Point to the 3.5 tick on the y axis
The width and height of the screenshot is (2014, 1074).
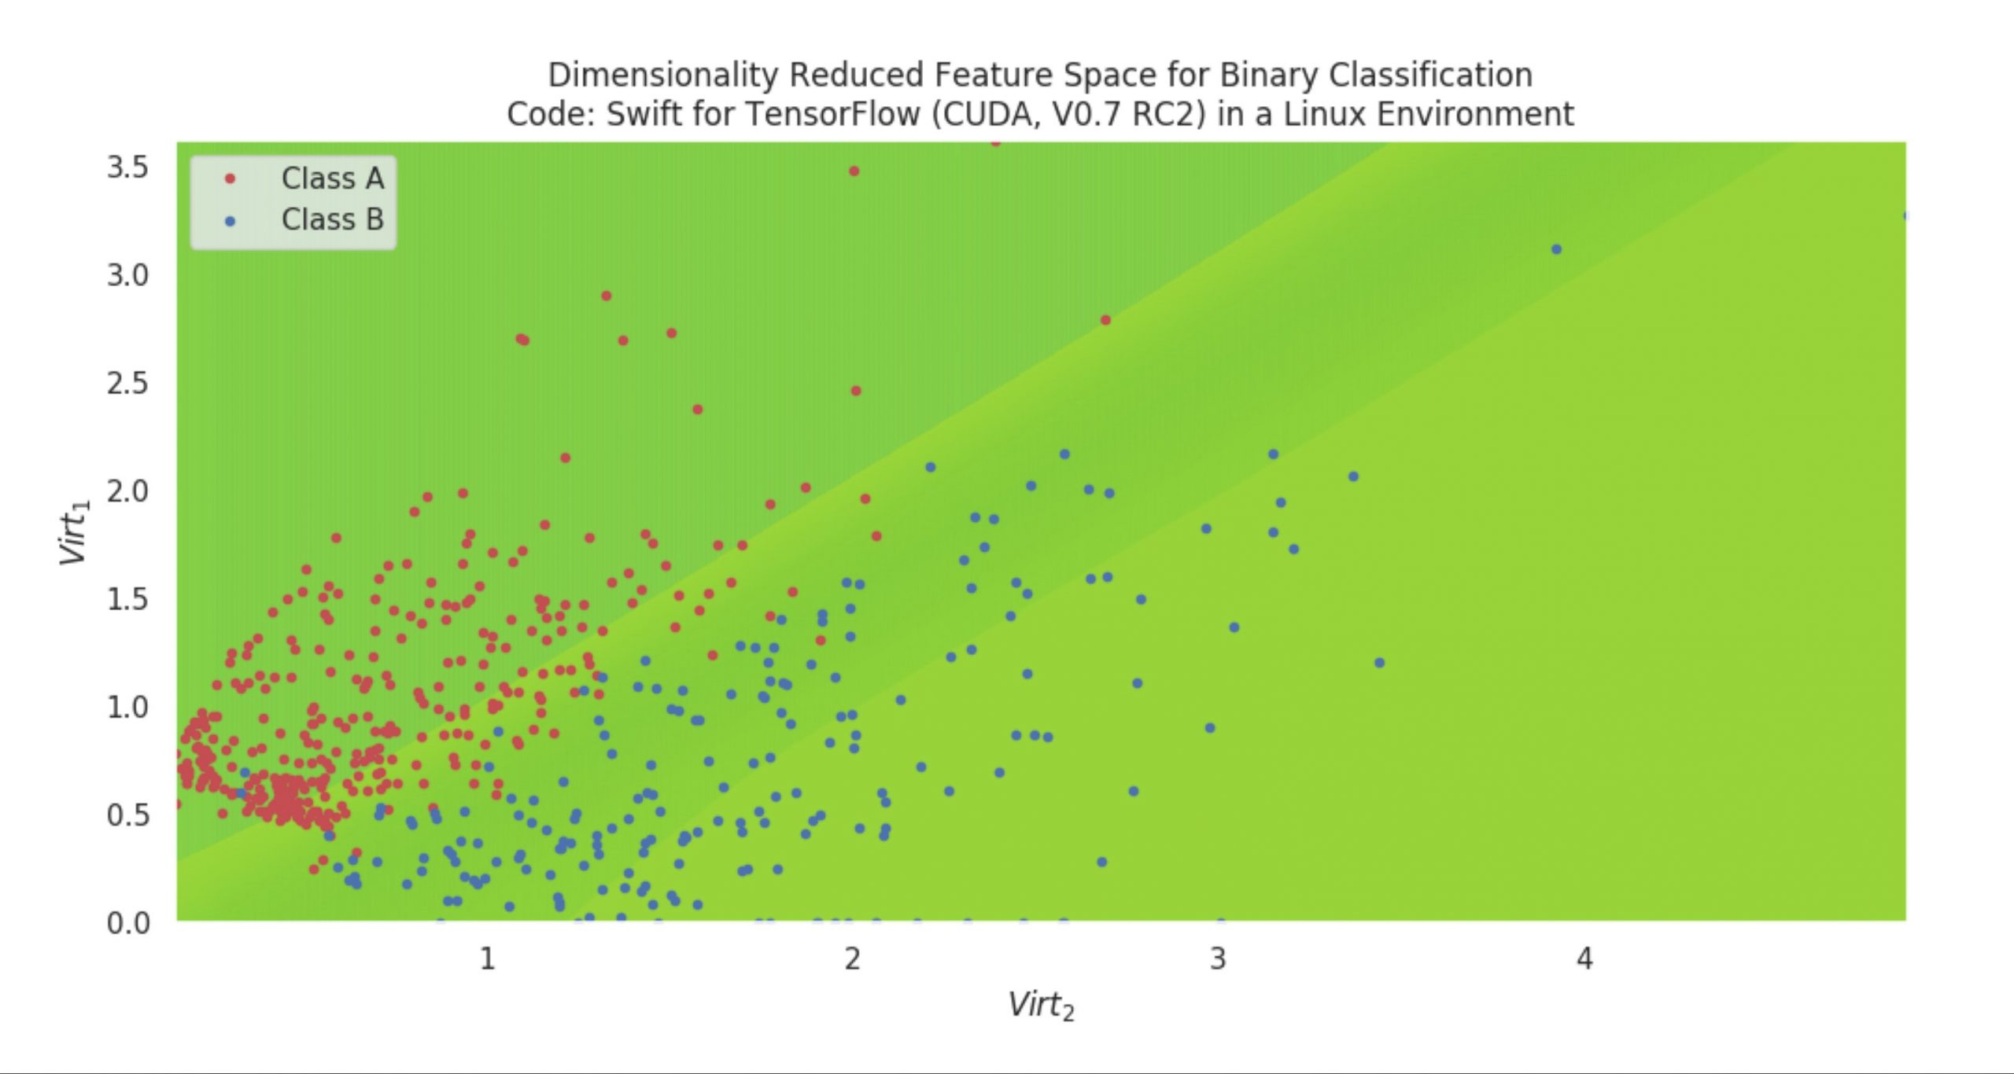point(127,167)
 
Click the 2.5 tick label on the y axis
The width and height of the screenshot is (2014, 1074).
point(127,384)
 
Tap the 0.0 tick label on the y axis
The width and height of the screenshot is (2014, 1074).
point(127,922)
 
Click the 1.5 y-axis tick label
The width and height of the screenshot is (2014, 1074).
point(127,599)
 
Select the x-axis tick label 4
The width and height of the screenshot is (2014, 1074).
point(1584,958)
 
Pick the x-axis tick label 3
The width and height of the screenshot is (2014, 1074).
point(1218,958)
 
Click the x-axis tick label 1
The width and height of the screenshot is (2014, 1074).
point(488,958)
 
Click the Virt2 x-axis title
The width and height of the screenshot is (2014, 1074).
point(1041,1006)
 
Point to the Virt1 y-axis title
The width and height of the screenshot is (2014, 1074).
point(76,532)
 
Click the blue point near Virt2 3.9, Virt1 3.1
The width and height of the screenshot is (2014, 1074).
point(1556,249)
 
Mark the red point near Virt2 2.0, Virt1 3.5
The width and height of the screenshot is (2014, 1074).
point(854,171)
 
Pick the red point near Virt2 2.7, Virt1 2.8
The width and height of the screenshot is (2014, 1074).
point(1105,320)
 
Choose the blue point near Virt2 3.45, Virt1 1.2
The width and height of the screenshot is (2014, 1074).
point(1379,663)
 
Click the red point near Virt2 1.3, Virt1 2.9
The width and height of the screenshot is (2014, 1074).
point(607,296)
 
